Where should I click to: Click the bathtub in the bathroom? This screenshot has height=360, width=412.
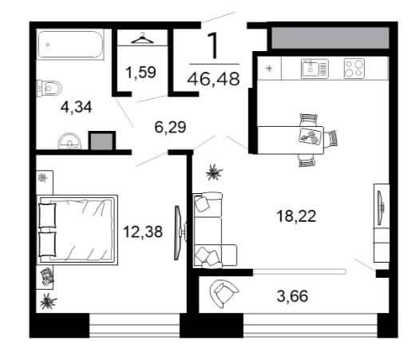click(x=70, y=45)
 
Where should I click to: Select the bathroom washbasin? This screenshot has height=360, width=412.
click(x=69, y=141)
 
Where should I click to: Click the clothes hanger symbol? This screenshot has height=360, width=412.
click(x=142, y=39)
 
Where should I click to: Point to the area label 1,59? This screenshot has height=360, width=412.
click(x=141, y=73)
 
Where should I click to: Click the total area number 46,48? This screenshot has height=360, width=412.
click(x=213, y=79)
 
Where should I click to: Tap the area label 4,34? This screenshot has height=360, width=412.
click(x=76, y=107)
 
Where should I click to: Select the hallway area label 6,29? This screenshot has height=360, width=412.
click(x=170, y=127)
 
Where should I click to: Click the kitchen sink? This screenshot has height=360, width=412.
click(x=315, y=69)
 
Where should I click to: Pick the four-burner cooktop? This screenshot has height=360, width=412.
click(x=355, y=69)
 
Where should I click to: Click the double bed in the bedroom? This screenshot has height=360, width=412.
click(x=77, y=230)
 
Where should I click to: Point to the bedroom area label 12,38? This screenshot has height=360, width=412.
click(x=143, y=231)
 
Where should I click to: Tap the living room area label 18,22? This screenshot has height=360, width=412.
click(x=296, y=216)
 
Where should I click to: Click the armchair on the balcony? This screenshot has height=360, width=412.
click(x=224, y=294)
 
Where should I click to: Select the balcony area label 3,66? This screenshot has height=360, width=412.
click(x=292, y=296)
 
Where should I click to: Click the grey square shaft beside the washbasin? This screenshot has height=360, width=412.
click(x=102, y=141)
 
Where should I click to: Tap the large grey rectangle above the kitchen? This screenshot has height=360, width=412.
click(x=330, y=38)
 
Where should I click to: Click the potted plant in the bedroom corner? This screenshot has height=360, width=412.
click(x=48, y=302)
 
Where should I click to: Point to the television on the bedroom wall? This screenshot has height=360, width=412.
click(x=179, y=232)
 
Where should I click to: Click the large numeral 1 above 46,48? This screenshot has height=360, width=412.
click(x=213, y=45)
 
